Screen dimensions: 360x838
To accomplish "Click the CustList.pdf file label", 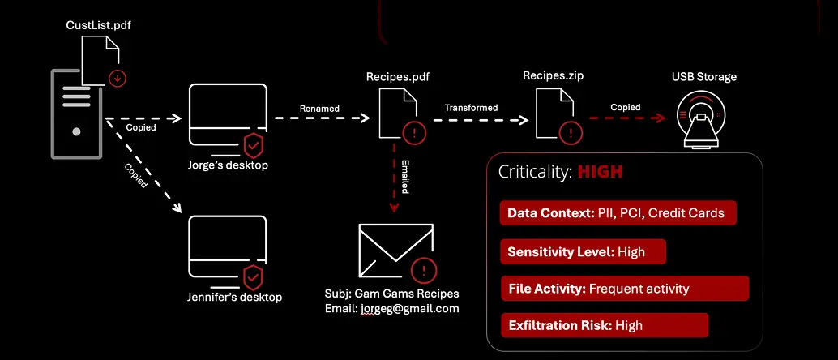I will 98,26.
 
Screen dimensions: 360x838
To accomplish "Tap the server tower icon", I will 76,113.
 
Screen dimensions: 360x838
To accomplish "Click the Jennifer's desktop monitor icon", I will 227,248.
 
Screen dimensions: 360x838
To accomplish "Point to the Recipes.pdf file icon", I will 396,114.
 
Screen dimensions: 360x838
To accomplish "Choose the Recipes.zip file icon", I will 553,114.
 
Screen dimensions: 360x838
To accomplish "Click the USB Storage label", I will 703,77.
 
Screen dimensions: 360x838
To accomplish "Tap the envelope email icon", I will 393,251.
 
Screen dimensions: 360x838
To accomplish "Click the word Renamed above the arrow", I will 320,108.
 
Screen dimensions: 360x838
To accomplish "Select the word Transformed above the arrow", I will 471,107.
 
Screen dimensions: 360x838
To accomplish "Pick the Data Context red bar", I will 618,214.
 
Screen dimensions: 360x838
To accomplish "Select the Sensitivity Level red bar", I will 583,251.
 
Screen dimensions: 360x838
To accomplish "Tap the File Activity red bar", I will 624,288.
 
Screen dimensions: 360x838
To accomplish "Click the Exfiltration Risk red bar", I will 604,325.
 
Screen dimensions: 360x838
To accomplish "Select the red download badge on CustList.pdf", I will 119,78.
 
